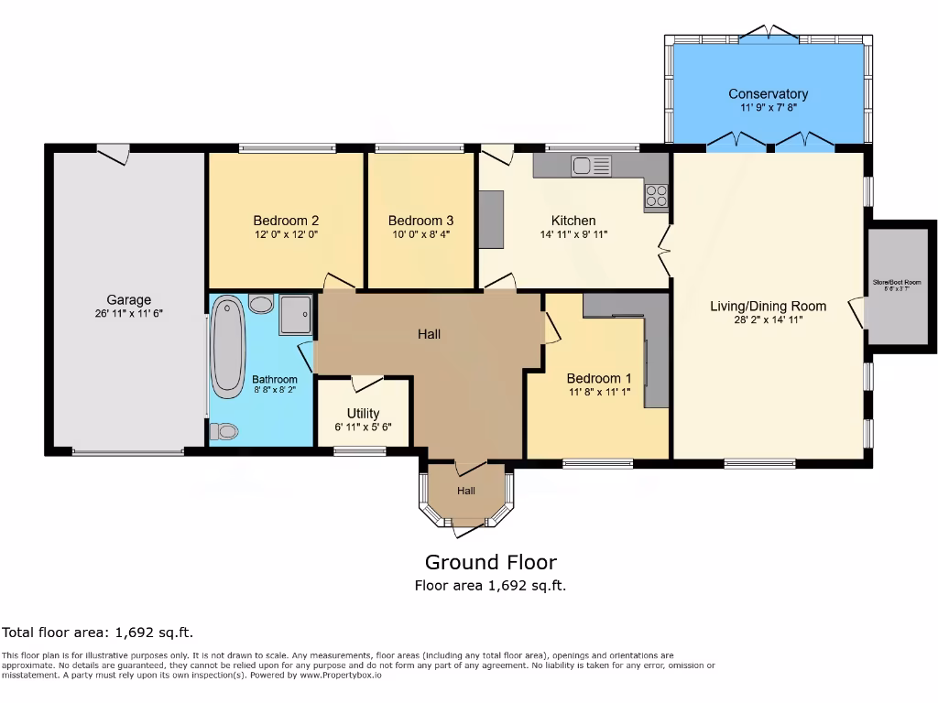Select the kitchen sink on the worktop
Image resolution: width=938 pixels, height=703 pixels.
coord(591,166)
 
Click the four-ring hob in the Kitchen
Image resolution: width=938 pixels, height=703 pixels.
coord(657,195)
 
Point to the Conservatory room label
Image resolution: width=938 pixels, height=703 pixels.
coord(768,93)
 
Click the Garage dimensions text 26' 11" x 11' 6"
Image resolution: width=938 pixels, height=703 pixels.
coord(128,314)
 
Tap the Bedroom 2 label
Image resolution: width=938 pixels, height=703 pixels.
coord(286,221)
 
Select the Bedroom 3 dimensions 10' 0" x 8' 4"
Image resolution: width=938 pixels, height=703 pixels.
coord(420,234)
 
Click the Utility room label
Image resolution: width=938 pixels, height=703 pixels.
coord(363,414)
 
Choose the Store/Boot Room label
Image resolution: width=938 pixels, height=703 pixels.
coord(902,282)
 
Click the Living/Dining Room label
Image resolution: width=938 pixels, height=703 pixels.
coord(768,306)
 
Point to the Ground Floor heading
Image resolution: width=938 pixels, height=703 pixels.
coord(490,562)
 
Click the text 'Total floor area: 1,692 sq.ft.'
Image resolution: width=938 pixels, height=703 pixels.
coord(98,633)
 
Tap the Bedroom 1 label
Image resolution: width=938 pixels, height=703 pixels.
coord(598,379)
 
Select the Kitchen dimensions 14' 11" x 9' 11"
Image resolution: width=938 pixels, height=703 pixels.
coord(573,234)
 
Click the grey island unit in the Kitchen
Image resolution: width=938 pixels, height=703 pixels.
coord(491,219)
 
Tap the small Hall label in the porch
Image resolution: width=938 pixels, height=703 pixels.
coord(466,491)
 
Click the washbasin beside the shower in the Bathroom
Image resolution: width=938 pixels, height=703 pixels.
coord(261,304)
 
